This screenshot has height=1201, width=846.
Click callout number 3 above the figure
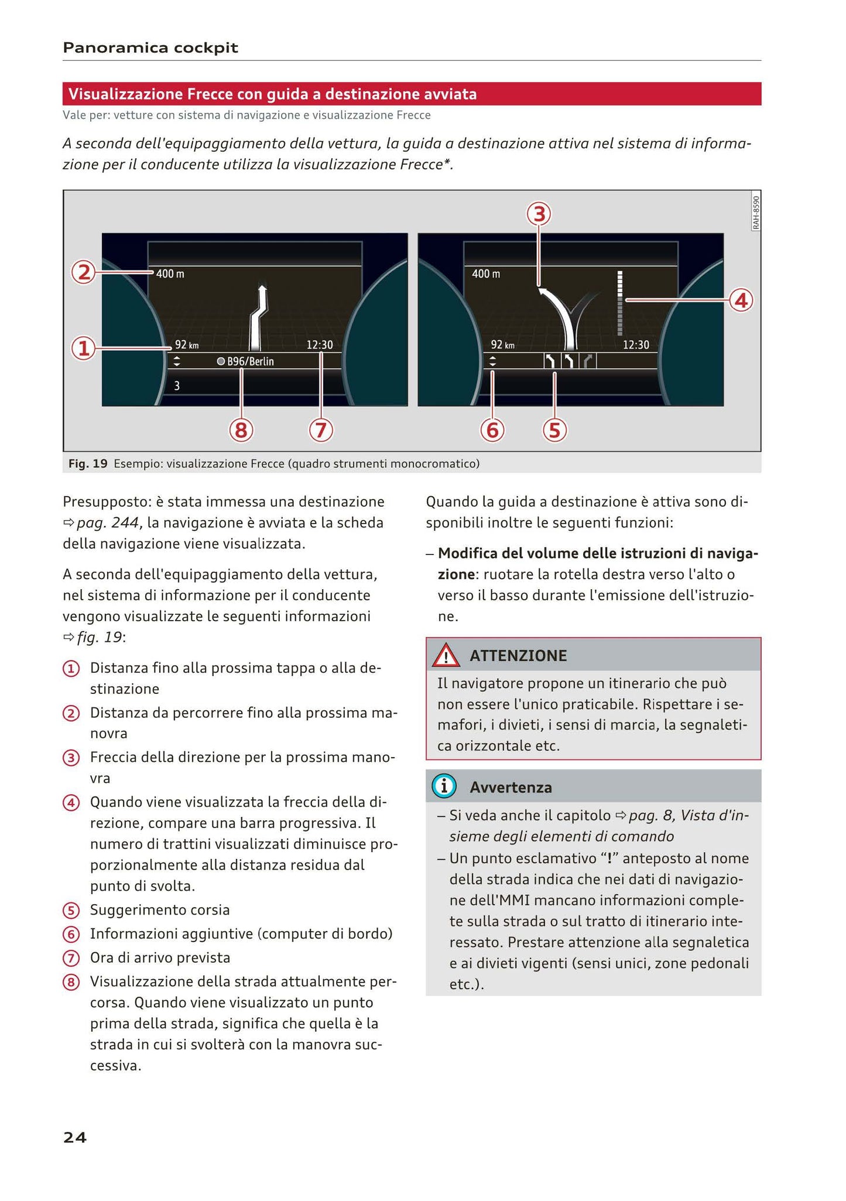point(539,214)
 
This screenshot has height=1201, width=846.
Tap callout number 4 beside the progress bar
point(741,300)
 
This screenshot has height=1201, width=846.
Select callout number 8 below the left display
point(240,430)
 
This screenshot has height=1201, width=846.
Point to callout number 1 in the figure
point(83,348)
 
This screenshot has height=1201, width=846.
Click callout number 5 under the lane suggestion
point(554,430)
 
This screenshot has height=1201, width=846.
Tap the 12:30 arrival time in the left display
point(320,345)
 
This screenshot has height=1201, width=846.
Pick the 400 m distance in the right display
point(486,273)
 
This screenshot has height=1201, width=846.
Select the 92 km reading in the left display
point(187,345)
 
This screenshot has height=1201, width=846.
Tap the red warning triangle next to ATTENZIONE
point(446,655)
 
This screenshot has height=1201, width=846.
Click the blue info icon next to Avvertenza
point(444,786)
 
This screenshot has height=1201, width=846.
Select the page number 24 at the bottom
point(75,1137)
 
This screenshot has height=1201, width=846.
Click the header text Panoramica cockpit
point(150,47)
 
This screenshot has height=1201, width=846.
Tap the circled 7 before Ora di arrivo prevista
point(71,958)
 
